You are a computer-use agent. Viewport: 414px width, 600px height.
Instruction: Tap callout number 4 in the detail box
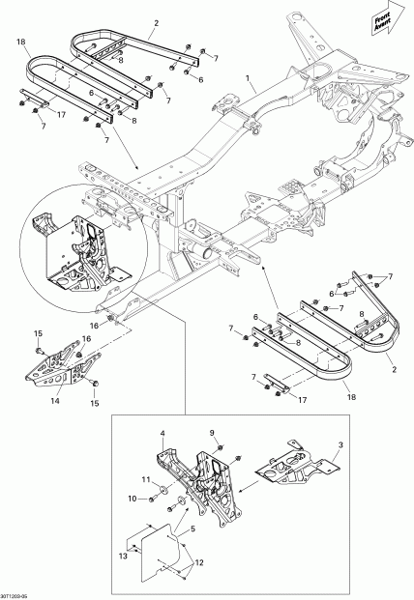coord(163,433)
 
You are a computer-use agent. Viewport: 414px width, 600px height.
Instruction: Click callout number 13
coord(122,557)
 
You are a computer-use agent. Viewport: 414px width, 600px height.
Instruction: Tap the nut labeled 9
coord(222,450)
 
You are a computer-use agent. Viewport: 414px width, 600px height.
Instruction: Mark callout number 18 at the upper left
coord(20,42)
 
